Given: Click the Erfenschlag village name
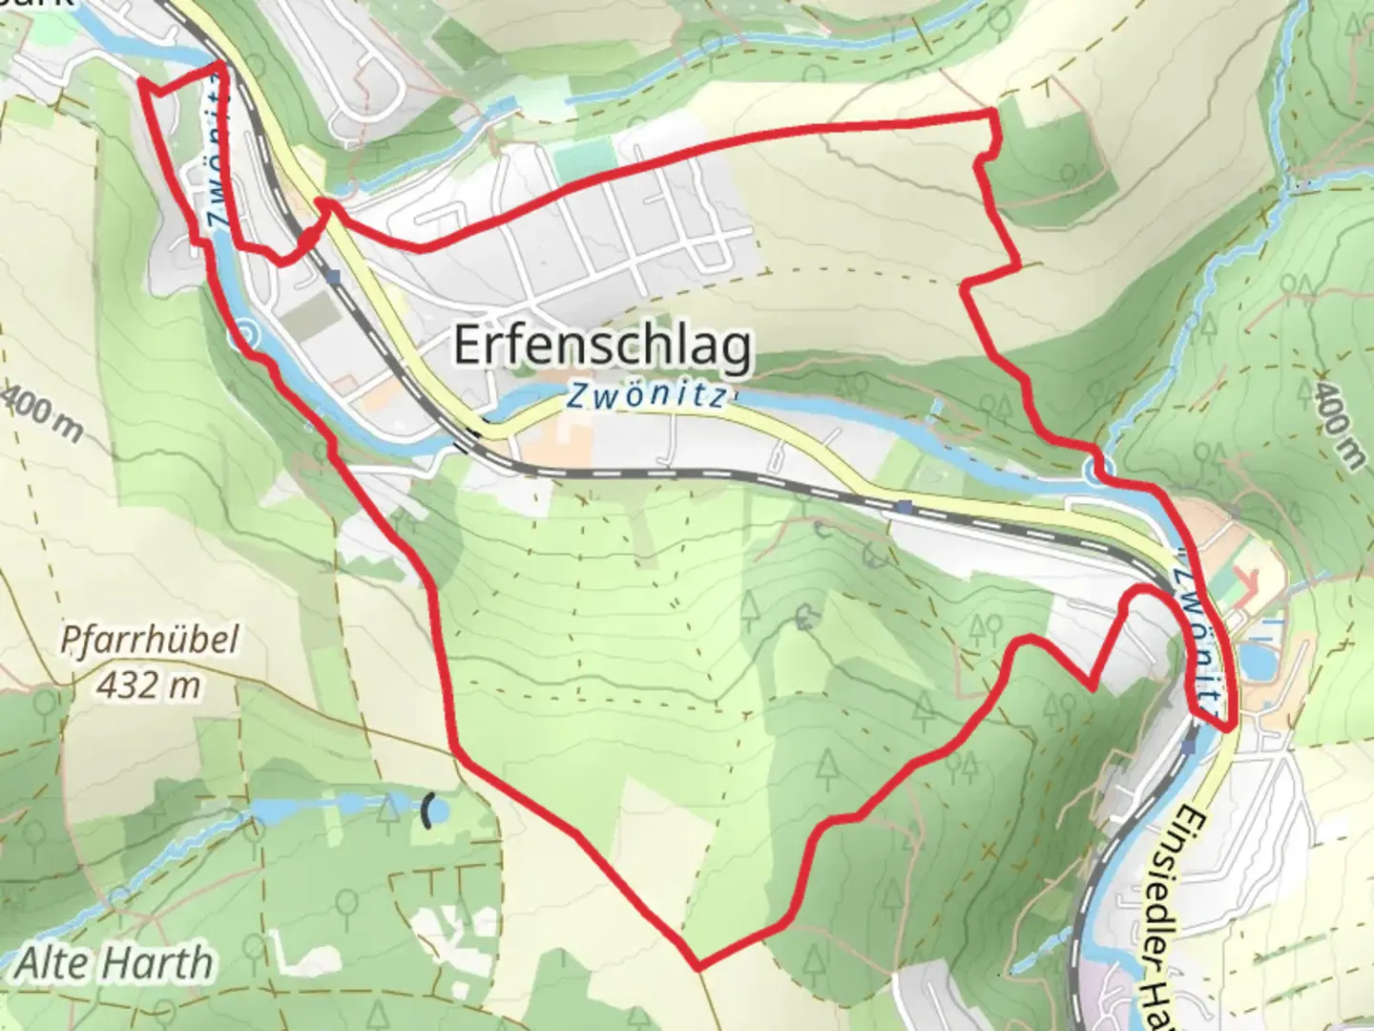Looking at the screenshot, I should [602, 346].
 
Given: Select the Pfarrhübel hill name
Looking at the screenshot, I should [149, 641].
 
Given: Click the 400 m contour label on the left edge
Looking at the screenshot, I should [43, 412].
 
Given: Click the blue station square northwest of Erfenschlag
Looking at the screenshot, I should [331, 277].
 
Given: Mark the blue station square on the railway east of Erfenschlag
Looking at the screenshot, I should [903, 506].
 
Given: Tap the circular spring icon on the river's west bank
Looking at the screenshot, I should [246, 334].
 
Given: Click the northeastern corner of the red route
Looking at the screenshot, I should [993, 114].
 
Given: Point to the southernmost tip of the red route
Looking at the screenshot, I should [699, 967].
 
